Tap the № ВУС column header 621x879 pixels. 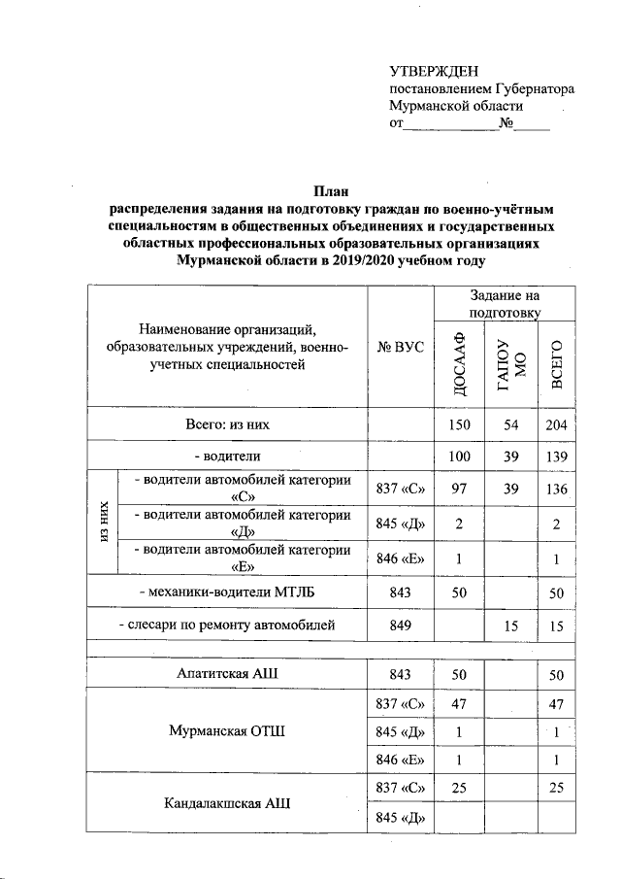401,346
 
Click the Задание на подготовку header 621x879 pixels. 504,303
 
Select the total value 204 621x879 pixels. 556,424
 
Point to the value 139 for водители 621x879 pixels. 556,456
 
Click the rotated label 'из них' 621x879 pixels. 101,525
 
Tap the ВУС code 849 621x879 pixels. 401,626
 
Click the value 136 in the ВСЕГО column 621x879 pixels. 556,490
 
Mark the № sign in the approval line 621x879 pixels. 506,124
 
